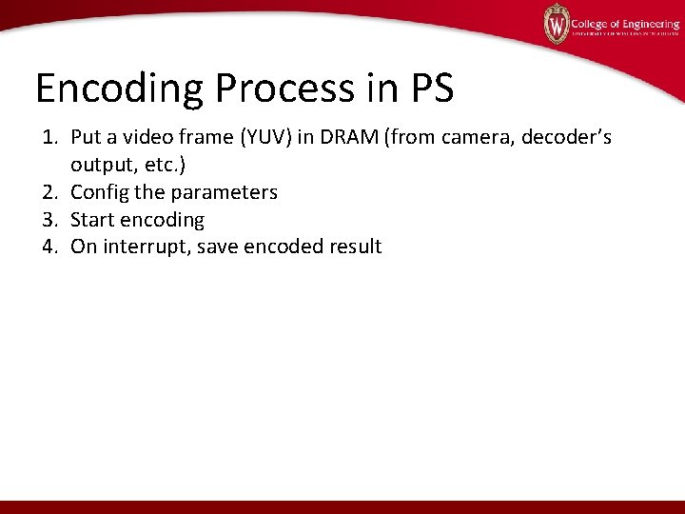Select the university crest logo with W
tap(557, 24)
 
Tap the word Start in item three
tap(93, 220)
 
